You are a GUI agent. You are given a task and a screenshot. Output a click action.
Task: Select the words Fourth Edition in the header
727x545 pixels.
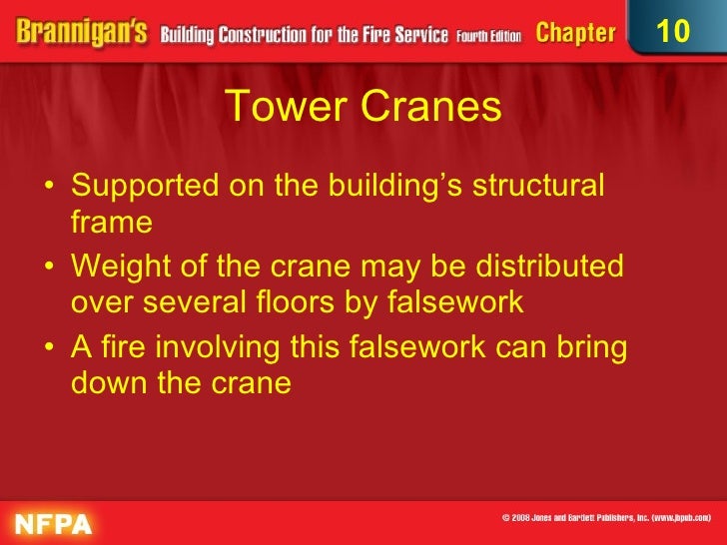click(x=490, y=33)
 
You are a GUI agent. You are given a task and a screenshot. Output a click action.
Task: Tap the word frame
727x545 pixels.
click(x=111, y=222)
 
